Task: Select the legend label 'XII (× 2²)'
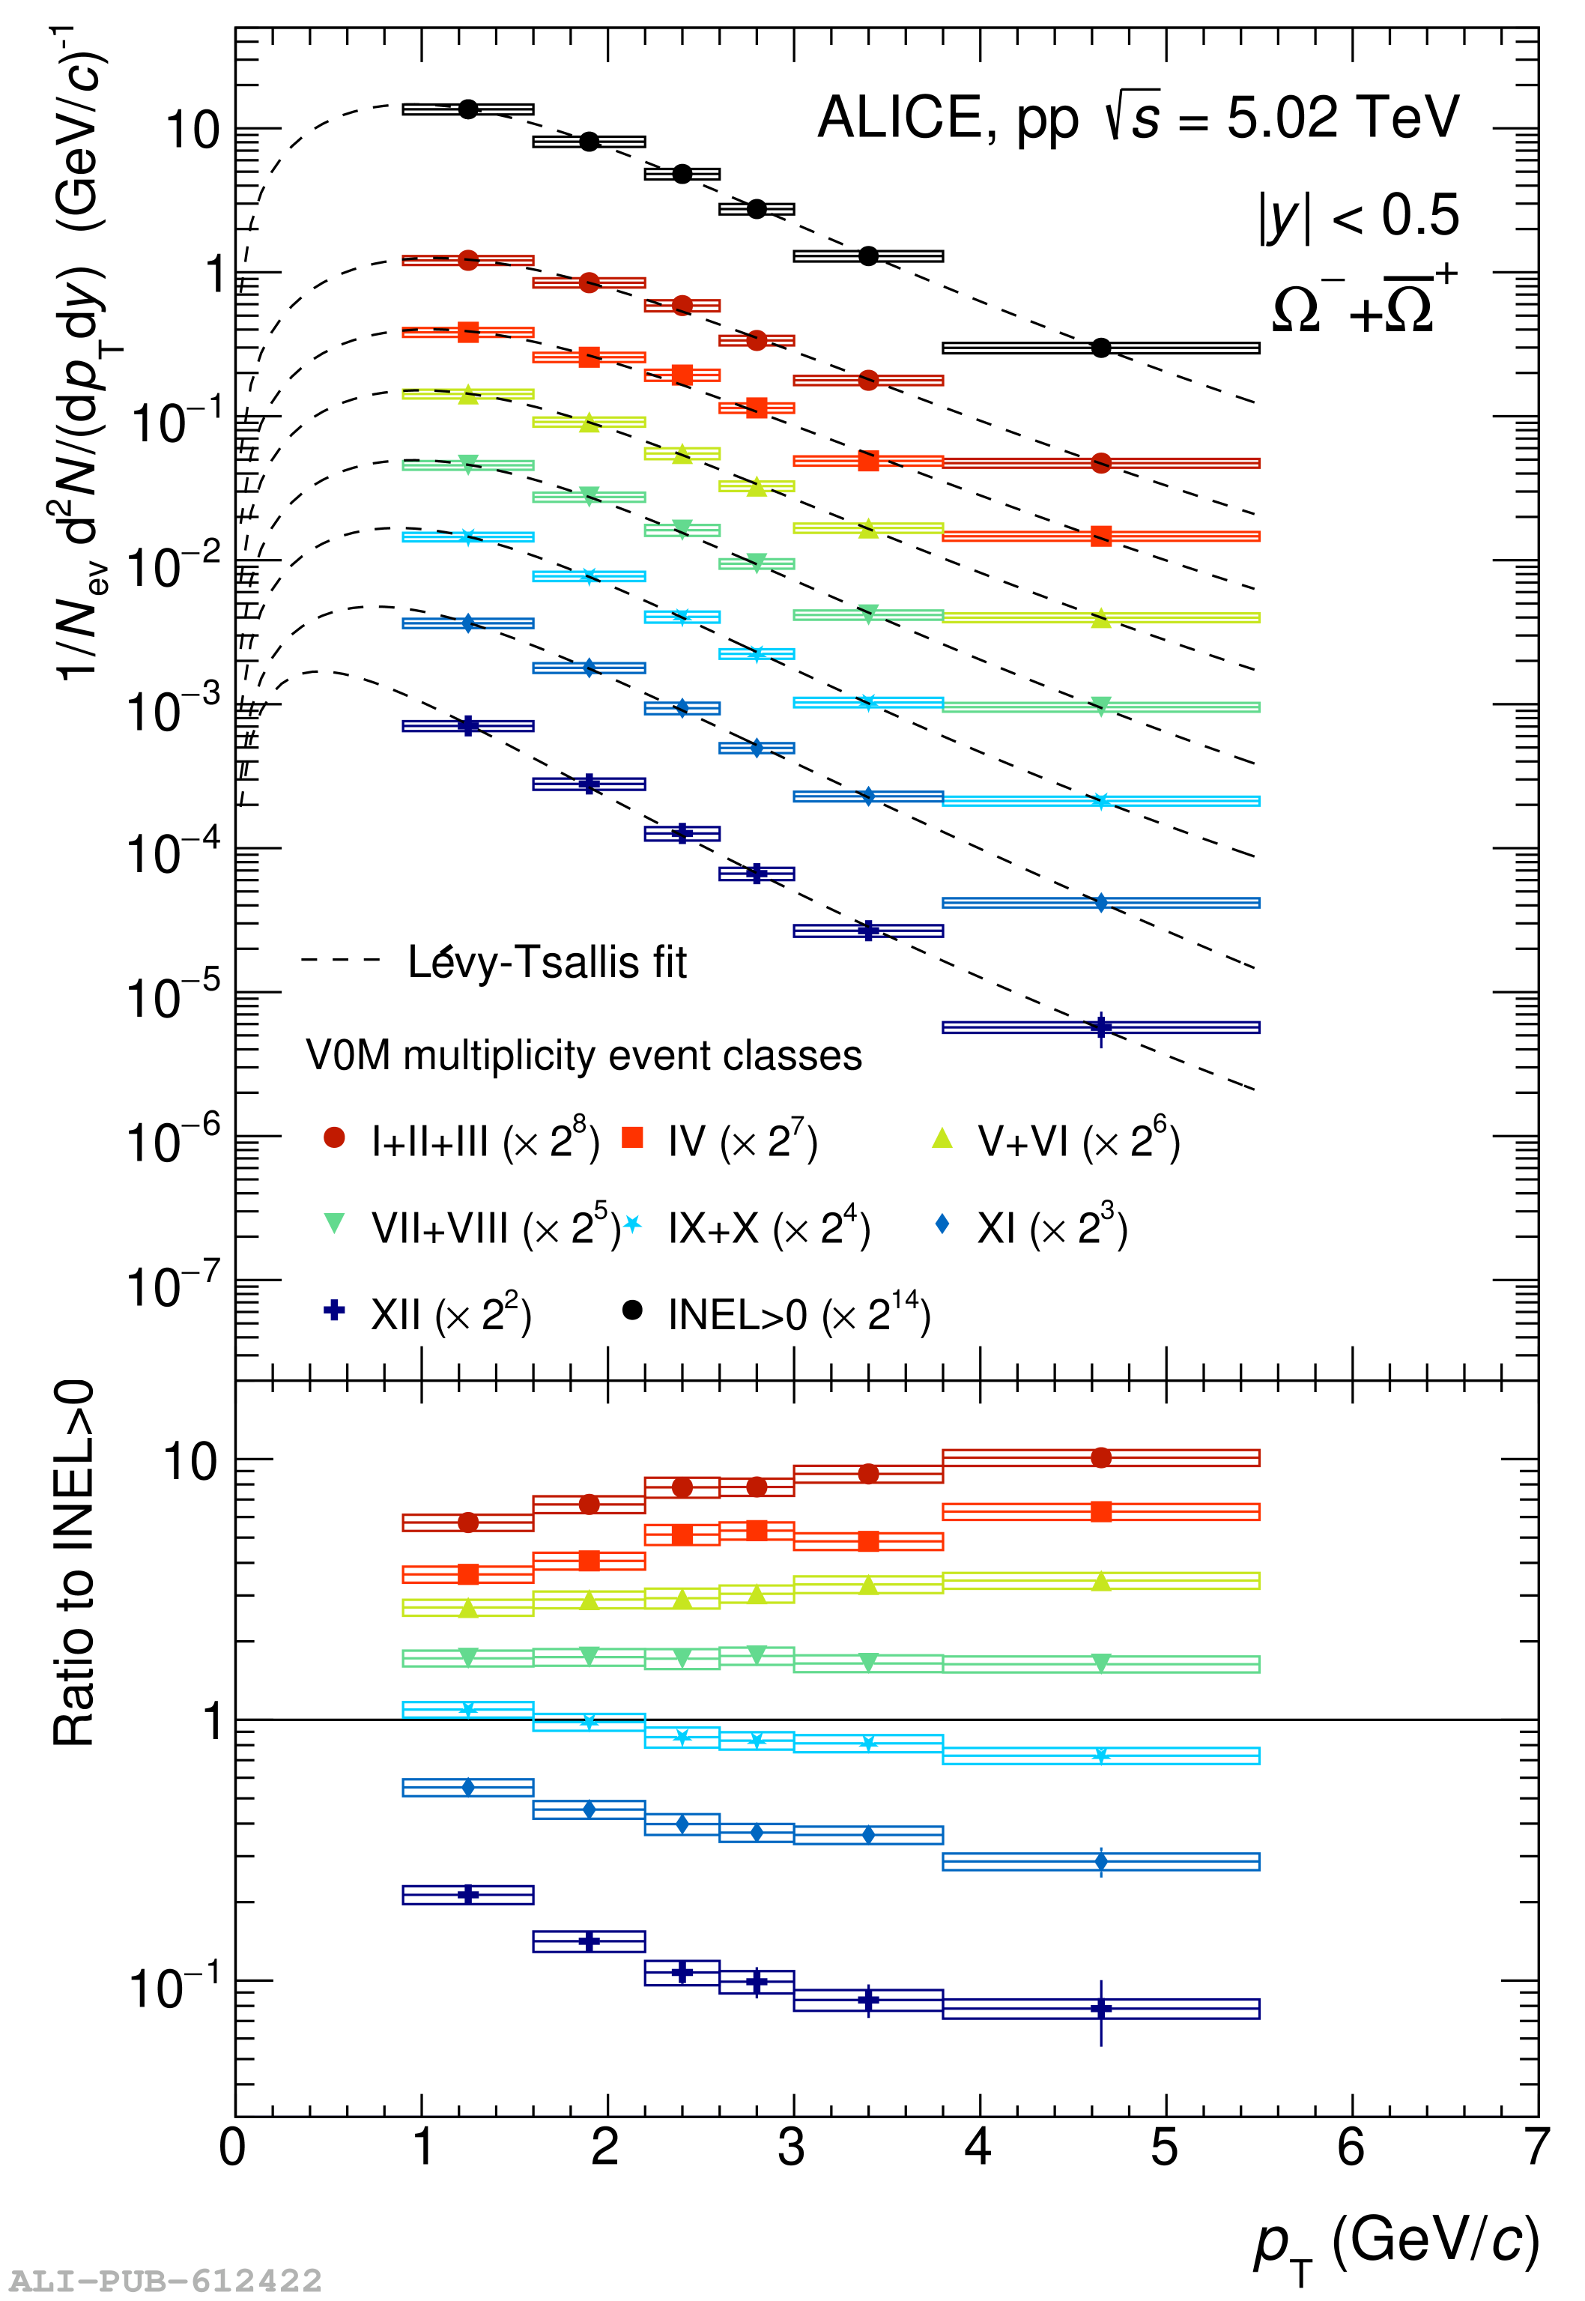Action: [x=451, y=1316]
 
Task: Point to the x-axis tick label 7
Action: [x=1536, y=2147]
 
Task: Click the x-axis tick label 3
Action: [x=792, y=2147]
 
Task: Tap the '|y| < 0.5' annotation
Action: [x=1359, y=217]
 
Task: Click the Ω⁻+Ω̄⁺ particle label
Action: [x=1363, y=302]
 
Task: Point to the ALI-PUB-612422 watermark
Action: [x=166, y=2280]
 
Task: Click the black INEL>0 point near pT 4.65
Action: [x=1100, y=348]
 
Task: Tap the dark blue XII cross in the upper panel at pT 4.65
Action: [x=1100, y=1026]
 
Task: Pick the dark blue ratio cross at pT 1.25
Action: [x=467, y=1895]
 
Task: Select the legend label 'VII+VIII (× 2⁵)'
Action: [x=494, y=1230]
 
